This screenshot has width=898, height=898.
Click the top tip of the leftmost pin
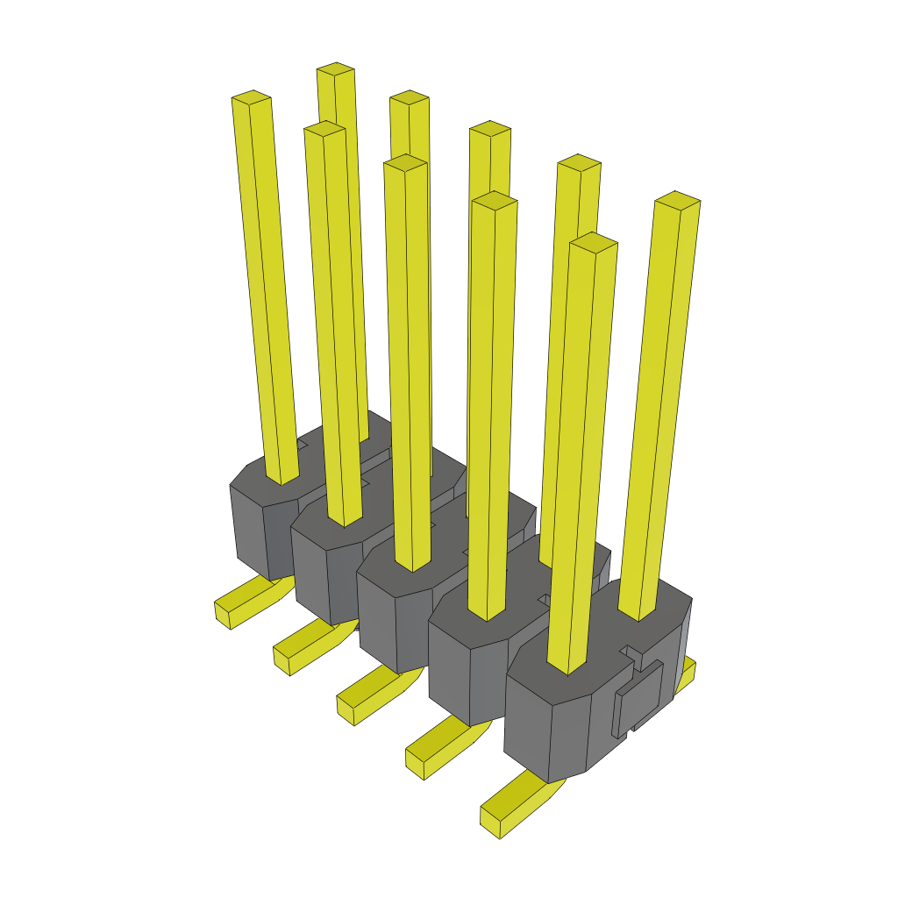pos(251,97)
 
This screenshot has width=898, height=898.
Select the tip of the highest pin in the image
pos(336,69)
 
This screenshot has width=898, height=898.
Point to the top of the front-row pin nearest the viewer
pos(594,242)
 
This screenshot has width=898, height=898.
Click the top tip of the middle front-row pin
pos(405,162)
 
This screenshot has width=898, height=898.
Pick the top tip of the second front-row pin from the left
pos(324,129)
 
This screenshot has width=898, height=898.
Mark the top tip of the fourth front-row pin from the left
pos(494,201)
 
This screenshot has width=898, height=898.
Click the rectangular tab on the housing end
pos(643,696)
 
